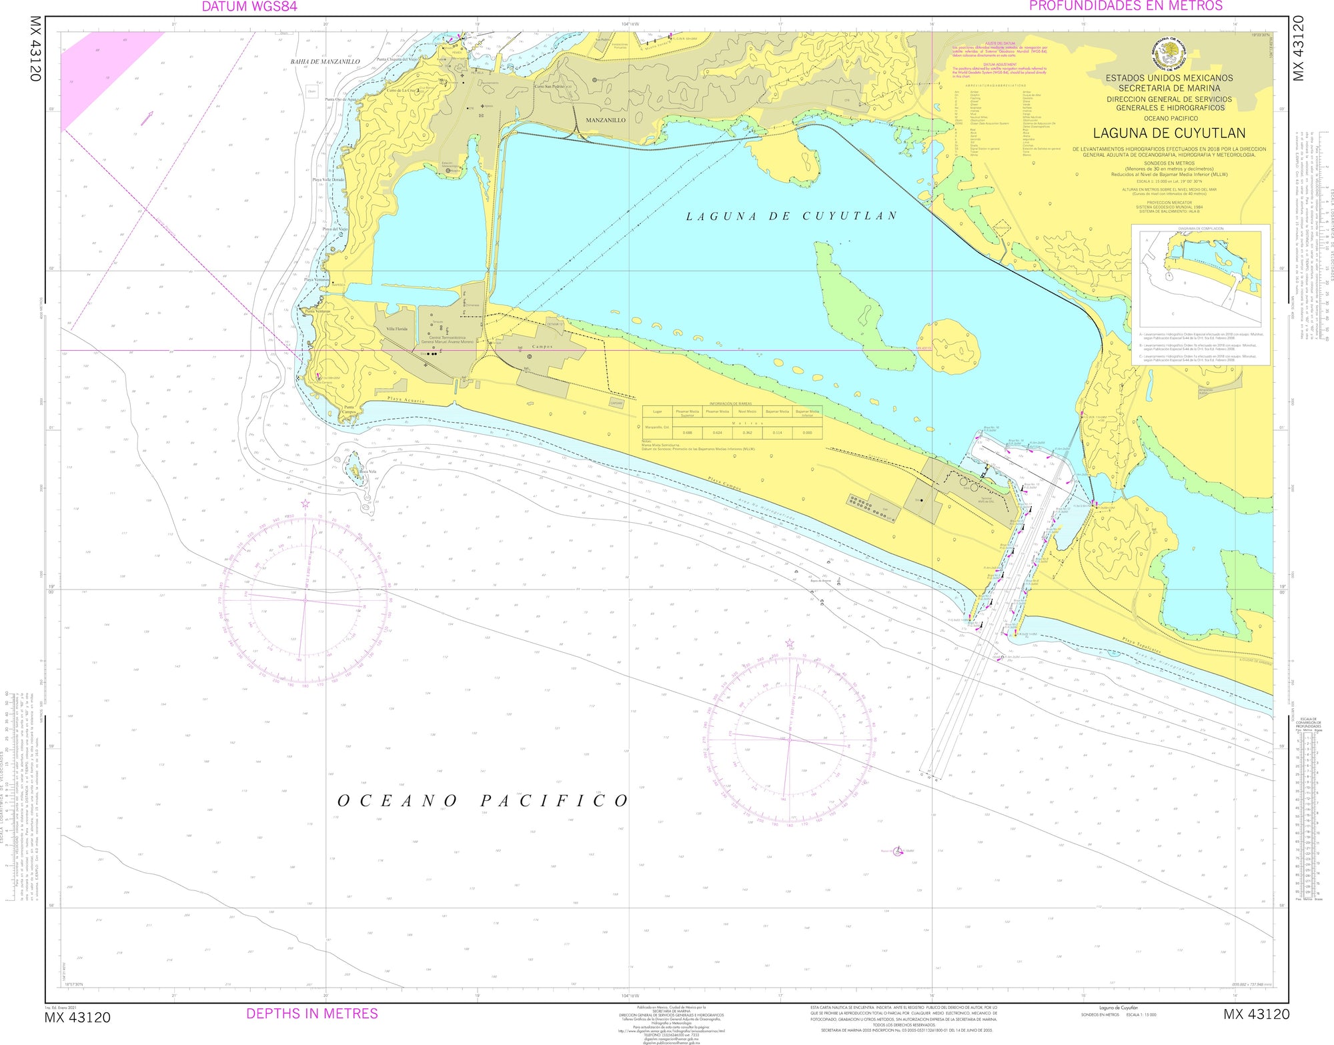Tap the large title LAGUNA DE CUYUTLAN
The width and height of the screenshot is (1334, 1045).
click(x=1169, y=133)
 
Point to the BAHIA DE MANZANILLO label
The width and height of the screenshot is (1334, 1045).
click(x=325, y=61)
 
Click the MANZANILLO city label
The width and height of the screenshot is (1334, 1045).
click(x=606, y=120)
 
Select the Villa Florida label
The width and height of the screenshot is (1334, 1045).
click(x=397, y=329)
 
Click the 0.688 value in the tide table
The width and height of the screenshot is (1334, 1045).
click(x=687, y=433)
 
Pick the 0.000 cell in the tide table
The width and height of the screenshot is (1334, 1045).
click(x=807, y=433)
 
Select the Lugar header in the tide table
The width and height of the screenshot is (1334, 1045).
click(x=658, y=411)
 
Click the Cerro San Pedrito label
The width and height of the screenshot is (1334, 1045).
click(x=549, y=87)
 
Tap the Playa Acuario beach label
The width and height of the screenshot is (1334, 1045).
click(x=406, y=400)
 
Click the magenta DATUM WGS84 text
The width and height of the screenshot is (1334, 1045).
click(x=249, y=7)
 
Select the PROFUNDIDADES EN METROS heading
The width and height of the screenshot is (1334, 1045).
click(x=1126, y=6)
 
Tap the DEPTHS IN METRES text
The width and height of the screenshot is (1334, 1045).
click(x=312, y=1014)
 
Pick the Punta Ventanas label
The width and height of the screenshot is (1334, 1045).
click(x=317, y=311)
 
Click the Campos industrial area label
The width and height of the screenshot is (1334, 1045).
click(x=542, y=347)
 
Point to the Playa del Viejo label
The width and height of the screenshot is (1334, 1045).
click(x=335, y=229)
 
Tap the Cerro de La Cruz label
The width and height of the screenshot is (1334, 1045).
click(x=402, y=90)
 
